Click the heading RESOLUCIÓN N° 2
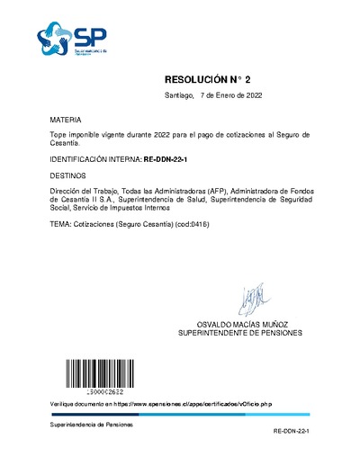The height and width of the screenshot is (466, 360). [212, 79]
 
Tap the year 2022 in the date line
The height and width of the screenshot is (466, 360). [252, 95]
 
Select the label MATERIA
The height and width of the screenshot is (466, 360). [66, 119]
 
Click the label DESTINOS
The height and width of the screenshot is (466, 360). [68, 176]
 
